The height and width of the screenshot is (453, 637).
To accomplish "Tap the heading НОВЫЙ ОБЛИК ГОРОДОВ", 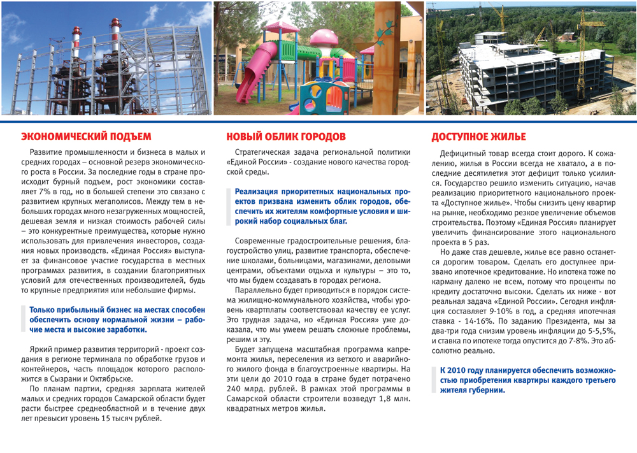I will pos(286,136).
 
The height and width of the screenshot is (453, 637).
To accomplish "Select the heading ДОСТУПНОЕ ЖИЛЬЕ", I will pos(478,136).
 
